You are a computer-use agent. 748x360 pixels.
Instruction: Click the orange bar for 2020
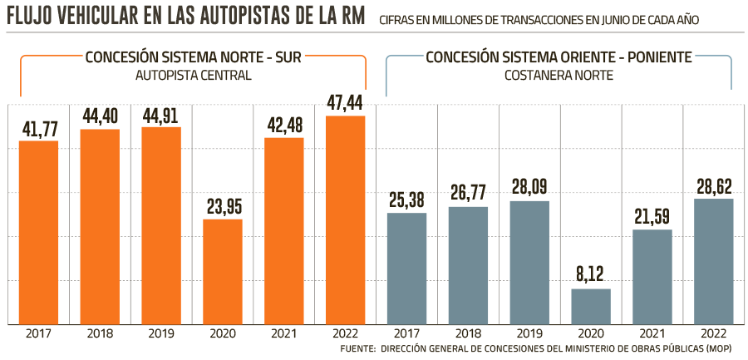[x=223, y=271]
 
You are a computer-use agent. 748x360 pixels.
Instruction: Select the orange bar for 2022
[x=346, y=219]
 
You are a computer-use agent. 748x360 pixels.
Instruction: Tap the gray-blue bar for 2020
[x=591, y=306]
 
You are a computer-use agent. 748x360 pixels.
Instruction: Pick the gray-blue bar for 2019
[x=529, y=262]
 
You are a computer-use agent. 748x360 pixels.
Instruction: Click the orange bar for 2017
[x=39, y=232]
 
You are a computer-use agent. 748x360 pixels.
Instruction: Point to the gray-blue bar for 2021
[x=652, y=276]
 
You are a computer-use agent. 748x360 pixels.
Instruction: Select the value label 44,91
[x=161, y=115]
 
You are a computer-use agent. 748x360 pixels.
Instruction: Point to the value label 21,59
[x=652, y=217]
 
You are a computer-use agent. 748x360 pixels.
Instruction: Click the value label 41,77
[x=39, y=129]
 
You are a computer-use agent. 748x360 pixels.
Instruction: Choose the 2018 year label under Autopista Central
[x=100, y=334]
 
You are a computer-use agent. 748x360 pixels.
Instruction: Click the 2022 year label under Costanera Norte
[x=714, y=334]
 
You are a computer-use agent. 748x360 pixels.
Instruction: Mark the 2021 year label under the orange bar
[x=284, y=334]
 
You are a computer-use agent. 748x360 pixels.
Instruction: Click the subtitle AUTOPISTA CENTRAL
[x=193, y=76]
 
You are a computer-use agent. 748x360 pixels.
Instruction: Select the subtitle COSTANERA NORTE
[x=559, y=76]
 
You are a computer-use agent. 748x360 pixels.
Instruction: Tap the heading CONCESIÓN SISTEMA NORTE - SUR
[x=193, y=58]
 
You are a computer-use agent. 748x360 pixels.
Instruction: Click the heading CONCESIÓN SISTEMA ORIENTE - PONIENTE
[x=559, y=58]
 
